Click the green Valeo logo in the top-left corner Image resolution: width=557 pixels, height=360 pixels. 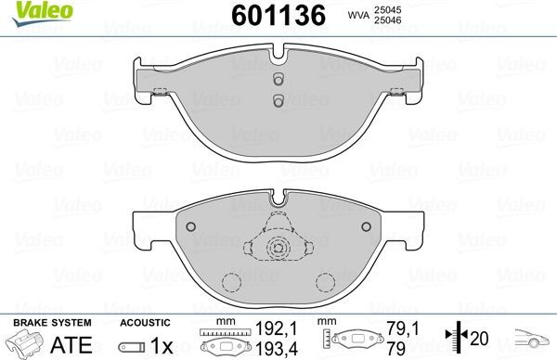pyautogui.click(x=27, y=10)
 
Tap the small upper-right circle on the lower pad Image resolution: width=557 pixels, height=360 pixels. pyautogui.click(x=363, y=228)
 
